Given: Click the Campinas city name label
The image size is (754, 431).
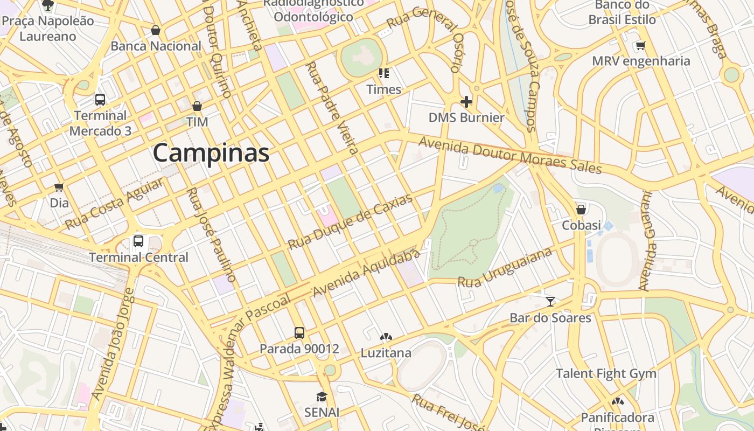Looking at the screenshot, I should point(211,154).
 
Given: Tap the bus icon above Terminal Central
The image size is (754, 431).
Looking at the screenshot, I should point(138,241).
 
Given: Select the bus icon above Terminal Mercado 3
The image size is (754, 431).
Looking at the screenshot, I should point(100,99).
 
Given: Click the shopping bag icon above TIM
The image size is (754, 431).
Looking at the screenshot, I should point(197,106).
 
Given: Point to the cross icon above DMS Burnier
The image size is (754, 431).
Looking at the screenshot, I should point(466,101).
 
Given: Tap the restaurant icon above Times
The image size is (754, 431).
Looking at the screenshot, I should point(383,73).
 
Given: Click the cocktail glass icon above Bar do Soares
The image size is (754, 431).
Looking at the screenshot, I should point(550,302).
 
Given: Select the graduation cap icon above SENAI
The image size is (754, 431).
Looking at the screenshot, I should point(322,397).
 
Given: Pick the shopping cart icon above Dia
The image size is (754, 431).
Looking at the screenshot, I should point(59,187).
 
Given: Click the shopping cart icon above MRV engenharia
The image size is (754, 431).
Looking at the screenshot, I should point(640,45).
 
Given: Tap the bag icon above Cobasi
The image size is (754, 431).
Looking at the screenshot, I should point(581,209).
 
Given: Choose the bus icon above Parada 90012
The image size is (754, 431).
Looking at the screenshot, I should point(299,332).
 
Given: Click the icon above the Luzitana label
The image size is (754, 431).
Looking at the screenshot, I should point(386,337).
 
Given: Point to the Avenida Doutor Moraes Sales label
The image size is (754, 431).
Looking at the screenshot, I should point(509,155).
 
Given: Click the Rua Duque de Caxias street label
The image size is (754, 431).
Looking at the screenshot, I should point(350,221).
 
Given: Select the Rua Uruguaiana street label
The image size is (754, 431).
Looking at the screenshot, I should point(505,267).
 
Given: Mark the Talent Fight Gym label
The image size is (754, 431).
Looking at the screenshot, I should point(606,373).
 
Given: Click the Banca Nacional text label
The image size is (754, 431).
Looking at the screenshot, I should point(156,46).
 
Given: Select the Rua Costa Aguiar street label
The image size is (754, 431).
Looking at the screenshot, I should point(114,204).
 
